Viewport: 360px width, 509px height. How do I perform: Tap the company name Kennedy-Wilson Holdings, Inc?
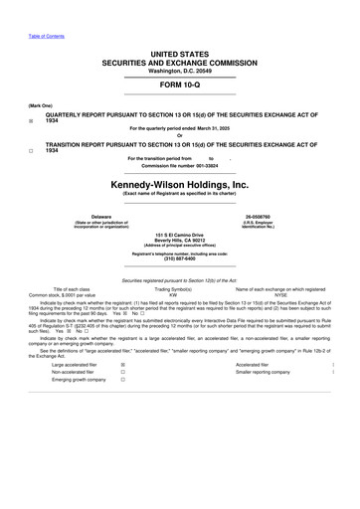(179, 186)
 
